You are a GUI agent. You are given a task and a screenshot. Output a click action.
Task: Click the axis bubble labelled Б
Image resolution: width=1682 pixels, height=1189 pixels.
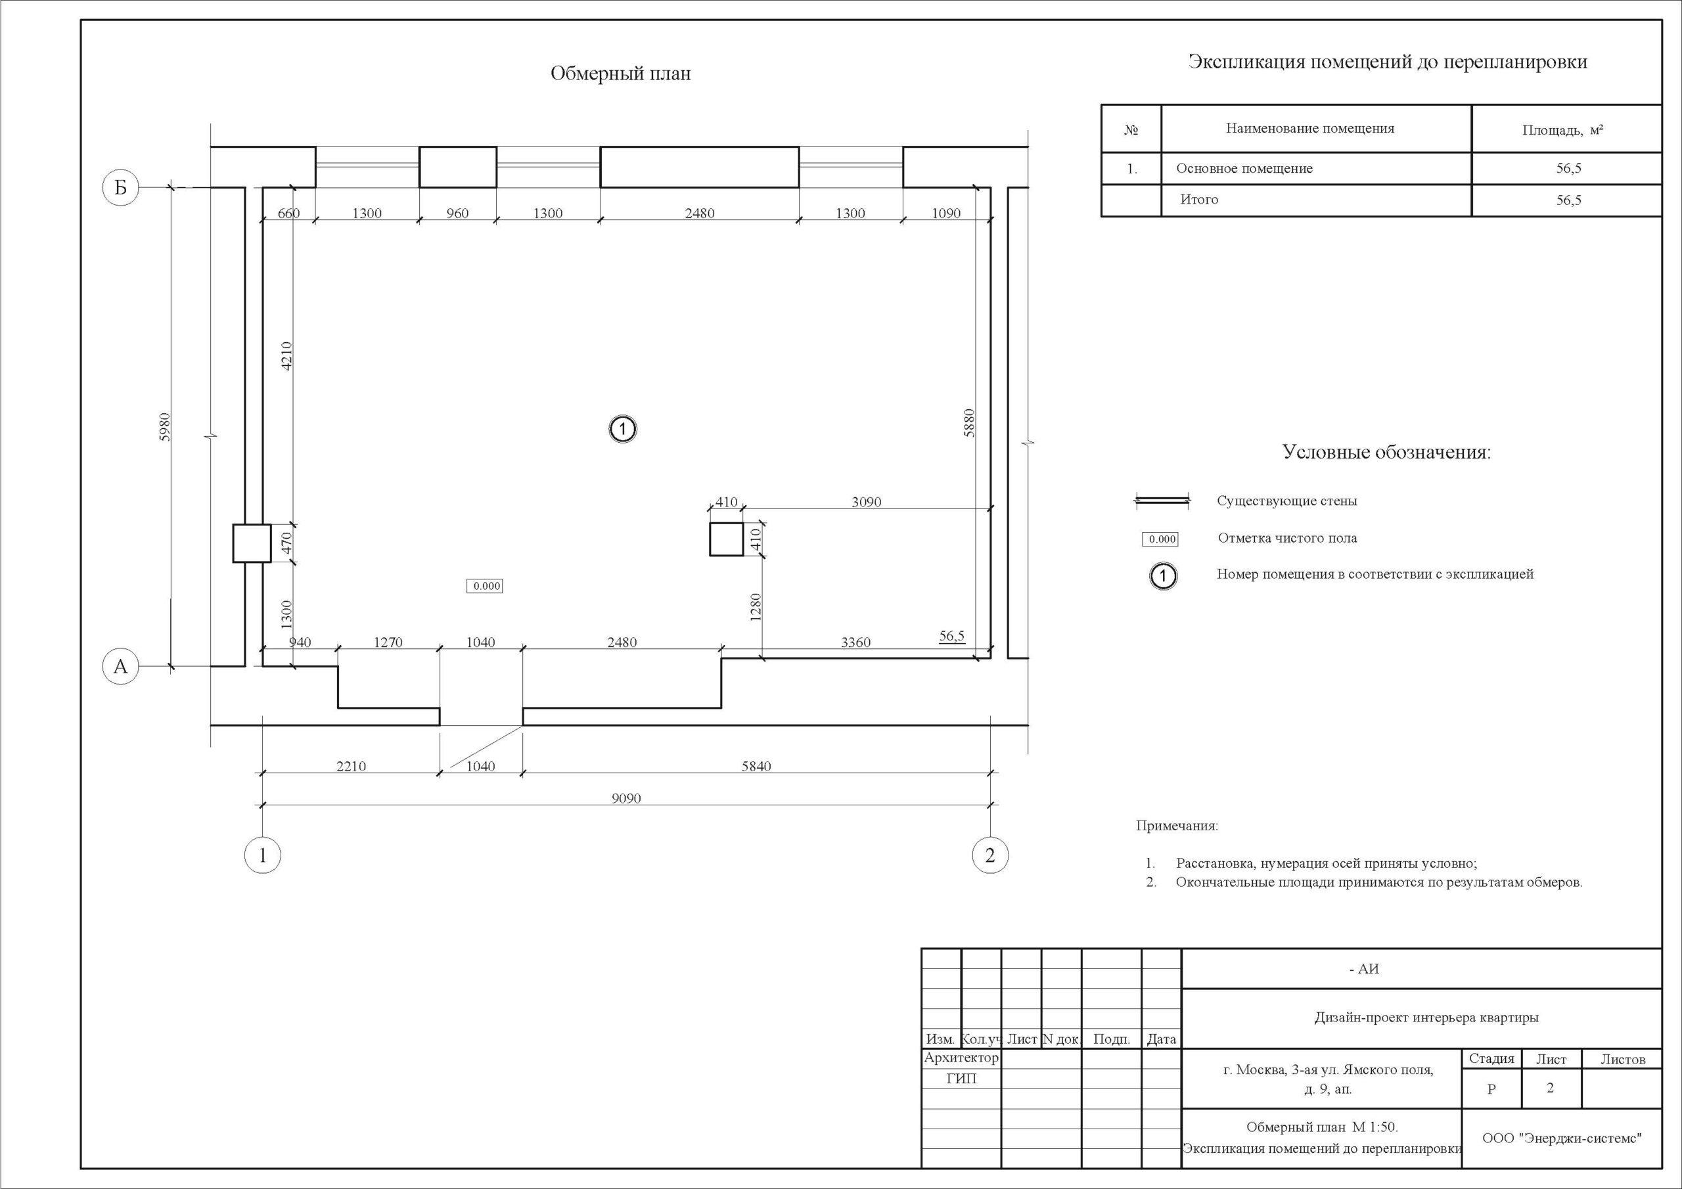click(x=120, y=187)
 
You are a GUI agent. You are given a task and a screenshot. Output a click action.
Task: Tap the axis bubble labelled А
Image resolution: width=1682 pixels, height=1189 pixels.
click(x=120, y=667)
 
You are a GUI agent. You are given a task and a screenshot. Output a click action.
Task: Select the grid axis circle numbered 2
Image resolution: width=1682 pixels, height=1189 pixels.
click(x=989, y=855)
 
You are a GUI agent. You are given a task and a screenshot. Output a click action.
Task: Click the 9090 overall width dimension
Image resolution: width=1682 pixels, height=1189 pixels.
click(x=626, y=799)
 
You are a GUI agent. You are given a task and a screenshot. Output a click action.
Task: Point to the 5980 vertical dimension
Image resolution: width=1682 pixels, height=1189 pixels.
click(x=165, y=427)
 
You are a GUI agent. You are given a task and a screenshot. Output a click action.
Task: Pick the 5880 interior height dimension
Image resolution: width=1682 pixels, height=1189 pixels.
click(x=969, y=422)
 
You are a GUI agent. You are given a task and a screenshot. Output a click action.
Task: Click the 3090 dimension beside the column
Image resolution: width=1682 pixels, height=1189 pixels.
click(x=867, y=502)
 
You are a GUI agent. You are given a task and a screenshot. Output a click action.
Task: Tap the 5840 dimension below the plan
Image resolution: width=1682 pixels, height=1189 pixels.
click(x=756, y=767)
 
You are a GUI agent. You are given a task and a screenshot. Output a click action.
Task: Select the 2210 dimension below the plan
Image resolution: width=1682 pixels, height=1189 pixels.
click(x=351, y=767)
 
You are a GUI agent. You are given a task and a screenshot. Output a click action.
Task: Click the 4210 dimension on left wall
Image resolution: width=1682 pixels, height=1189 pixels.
click(x=287, y=356)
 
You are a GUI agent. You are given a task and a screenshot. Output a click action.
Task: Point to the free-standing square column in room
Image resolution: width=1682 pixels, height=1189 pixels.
click(x=726, y=540)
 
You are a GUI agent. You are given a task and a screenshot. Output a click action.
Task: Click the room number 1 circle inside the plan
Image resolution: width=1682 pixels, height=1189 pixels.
click(x=623, y=430)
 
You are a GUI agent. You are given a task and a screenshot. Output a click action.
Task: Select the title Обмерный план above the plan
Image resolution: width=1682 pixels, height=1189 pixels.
click(x=620, y=74)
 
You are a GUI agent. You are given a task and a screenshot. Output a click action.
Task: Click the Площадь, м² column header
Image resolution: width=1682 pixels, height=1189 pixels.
click(x=1562, y=131)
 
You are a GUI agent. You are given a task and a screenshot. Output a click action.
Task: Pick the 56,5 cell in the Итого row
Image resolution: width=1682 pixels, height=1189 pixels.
click(x=1568, y=200)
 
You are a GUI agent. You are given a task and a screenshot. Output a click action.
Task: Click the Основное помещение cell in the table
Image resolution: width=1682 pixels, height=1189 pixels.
click(x=1244, y=169)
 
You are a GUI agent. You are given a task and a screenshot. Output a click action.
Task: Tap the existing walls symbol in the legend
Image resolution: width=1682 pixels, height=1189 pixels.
click(x=1162, y=501)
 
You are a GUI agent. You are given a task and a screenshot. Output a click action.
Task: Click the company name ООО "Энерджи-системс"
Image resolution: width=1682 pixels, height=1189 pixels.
click(x=1562, y=1138)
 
